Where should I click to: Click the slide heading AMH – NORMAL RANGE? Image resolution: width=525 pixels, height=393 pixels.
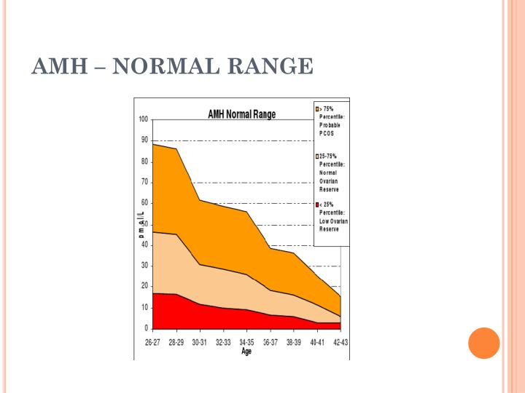(x=173, y=66)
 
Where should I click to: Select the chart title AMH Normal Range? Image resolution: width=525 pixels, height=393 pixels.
(x=241, y=114)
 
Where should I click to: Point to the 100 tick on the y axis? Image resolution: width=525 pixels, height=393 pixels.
(x=143, y=119)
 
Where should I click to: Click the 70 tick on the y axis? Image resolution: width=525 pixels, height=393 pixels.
(x=144, y=182)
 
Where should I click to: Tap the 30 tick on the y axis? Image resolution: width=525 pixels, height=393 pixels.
(x=144, y=266)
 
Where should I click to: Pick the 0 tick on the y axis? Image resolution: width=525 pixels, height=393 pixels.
(x=146, y=328)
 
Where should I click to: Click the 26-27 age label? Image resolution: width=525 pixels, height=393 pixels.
(x=152, y=342)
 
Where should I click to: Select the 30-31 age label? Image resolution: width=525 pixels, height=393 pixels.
(x=199, y=342)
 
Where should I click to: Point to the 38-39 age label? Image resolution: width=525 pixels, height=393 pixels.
(x=293, y=342)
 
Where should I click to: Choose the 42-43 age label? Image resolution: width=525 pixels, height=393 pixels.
(x=340, y=342)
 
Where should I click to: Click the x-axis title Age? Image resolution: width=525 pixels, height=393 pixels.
(x=246, y=351)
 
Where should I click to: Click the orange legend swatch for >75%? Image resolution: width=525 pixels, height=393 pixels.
(x=317, y=108)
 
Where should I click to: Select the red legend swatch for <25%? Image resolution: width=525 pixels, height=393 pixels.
(x=317, y=205)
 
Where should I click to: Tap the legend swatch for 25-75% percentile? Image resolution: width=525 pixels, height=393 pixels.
(x=317, y=156)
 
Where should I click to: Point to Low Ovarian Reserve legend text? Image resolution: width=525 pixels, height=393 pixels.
(x=333, y=225)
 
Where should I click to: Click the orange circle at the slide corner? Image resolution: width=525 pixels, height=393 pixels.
(x=483, y=343)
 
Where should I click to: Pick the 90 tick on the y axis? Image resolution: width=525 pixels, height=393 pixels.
(x=144, y=140)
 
